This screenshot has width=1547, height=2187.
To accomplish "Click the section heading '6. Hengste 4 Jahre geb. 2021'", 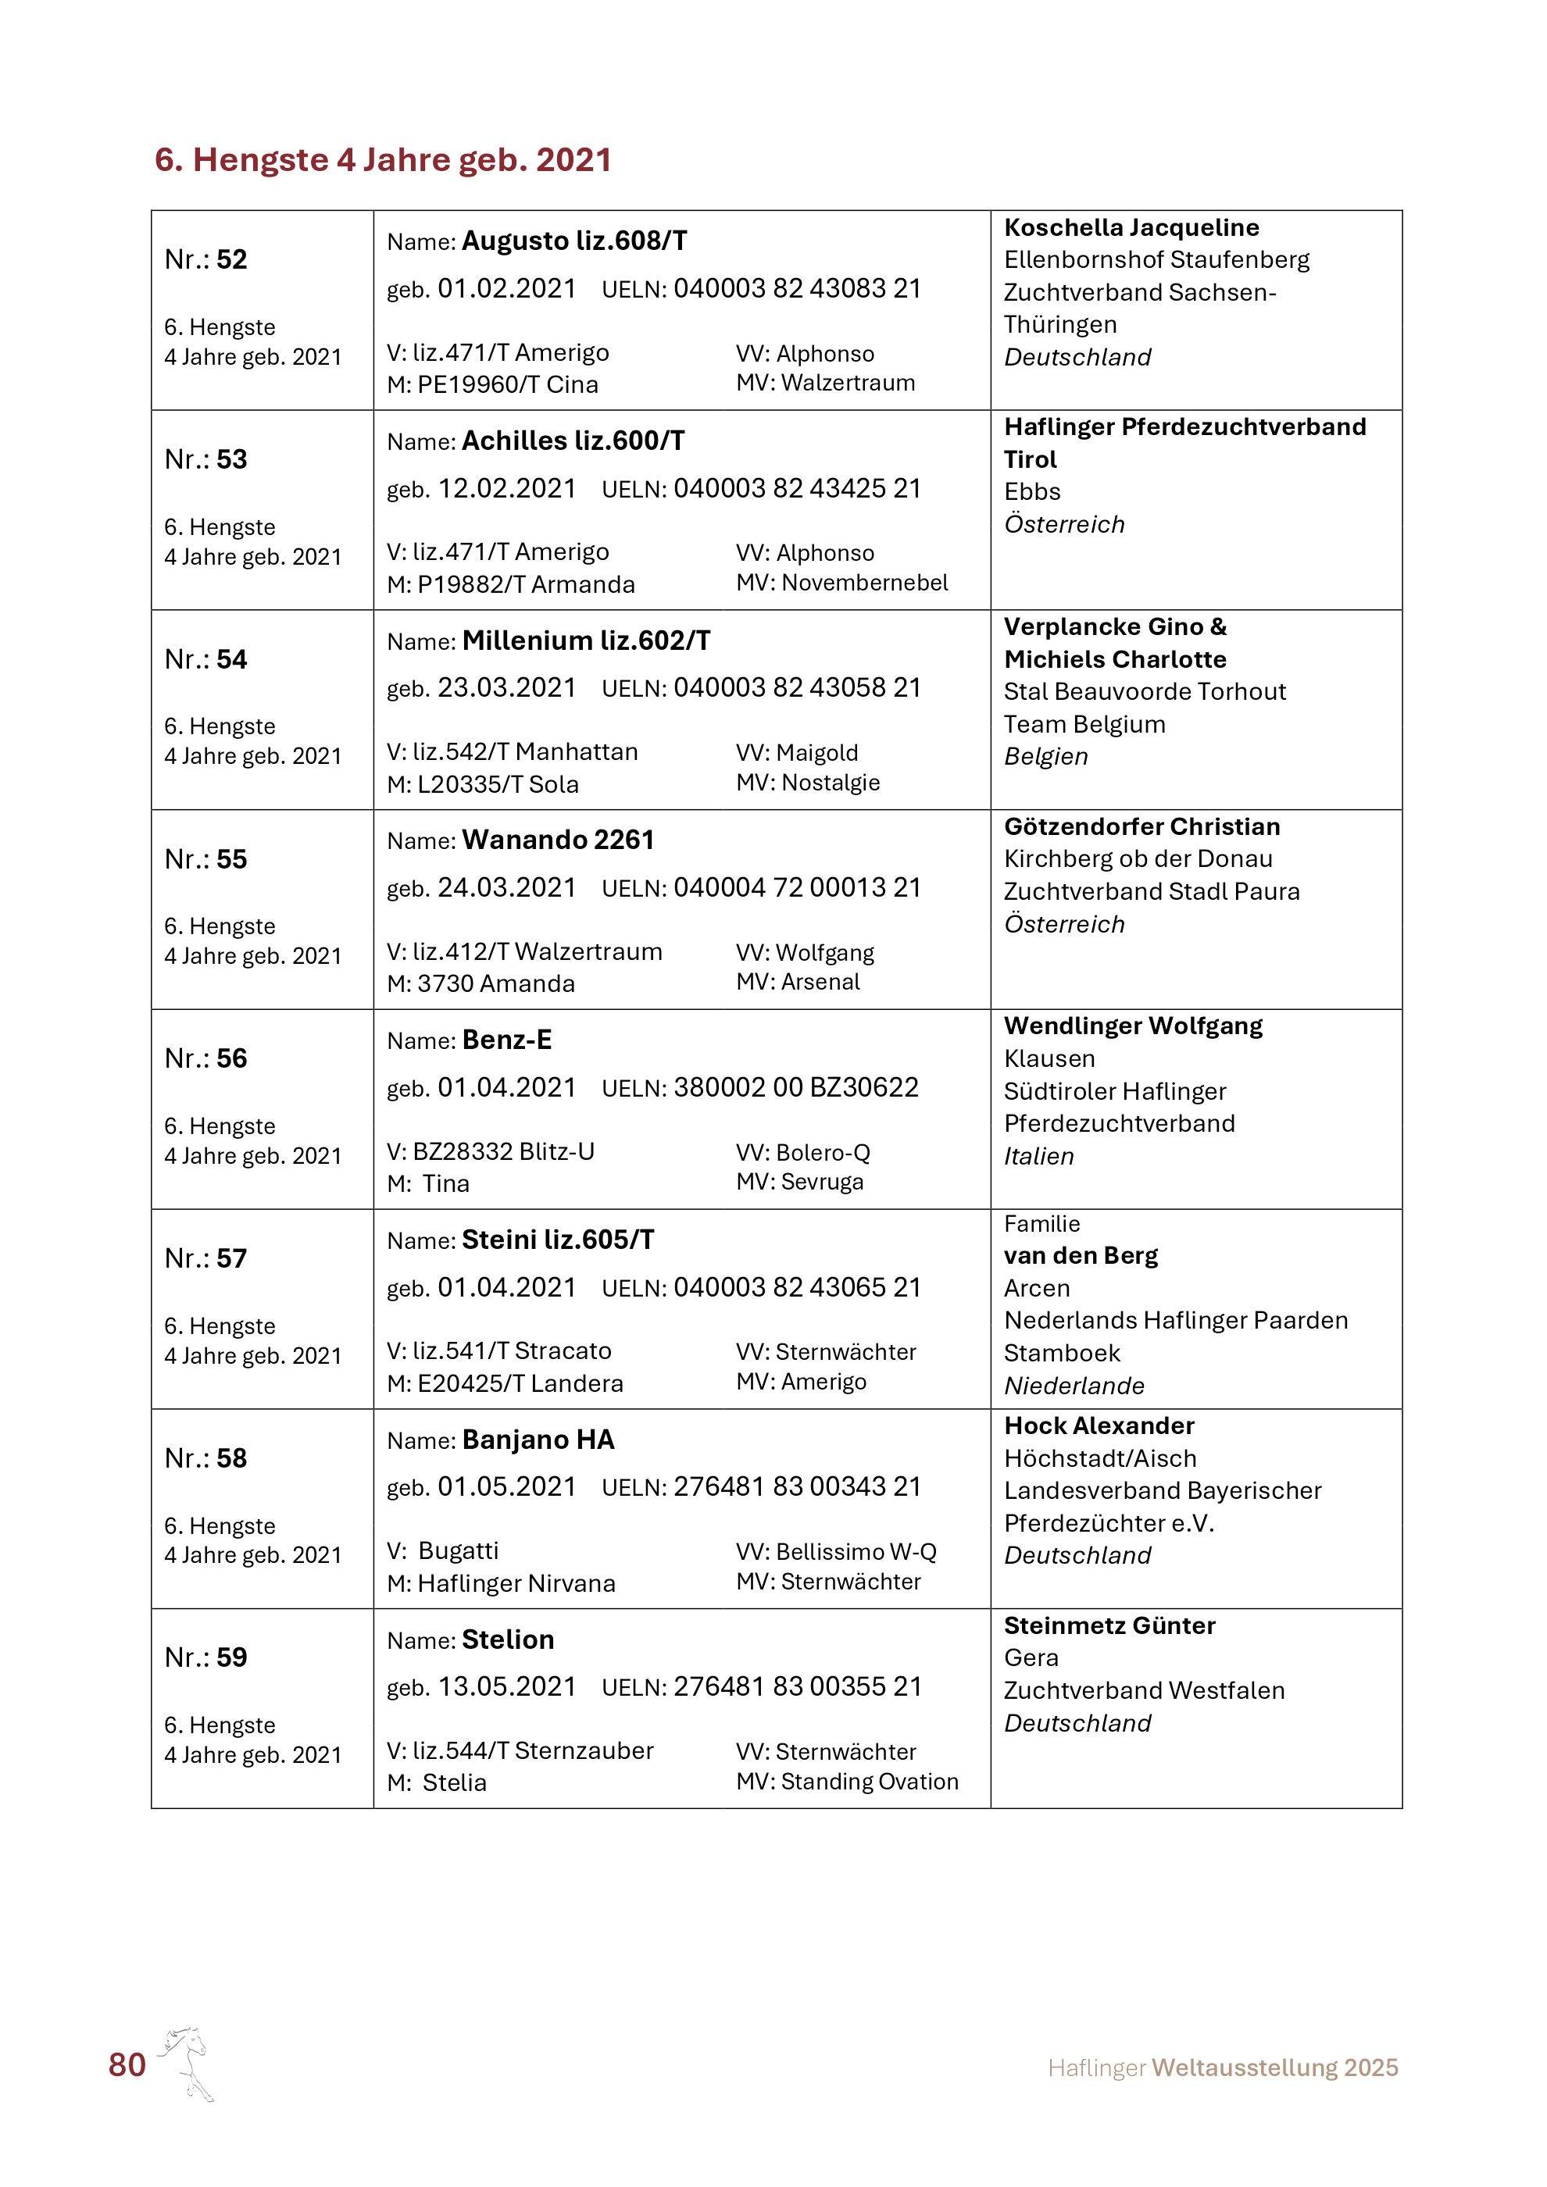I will (x=383, y=160).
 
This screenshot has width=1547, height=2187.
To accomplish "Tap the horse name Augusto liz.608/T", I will (x=573, y=241).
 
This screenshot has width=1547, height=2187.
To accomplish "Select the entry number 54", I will (x=230, y=659).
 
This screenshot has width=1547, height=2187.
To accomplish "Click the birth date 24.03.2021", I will (x=507, y=888).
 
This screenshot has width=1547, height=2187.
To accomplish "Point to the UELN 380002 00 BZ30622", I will (x=795, y=1088).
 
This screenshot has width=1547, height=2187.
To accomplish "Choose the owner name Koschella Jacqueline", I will (x=1131, y=227).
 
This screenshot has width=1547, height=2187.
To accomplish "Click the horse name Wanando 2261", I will (x=557, y=840).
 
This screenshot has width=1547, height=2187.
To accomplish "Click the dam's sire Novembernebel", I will (x=864, y=583).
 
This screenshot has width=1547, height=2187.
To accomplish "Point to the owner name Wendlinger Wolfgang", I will (x=1133, y=1026).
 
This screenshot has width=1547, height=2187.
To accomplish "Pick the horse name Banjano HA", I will (x=538, y=1440).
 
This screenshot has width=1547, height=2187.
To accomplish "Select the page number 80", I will (x=127, y=2065).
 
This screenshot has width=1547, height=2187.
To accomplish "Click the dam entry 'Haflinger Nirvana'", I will (x=516, y=1583).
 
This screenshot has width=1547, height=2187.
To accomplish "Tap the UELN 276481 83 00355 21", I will (x=797, y=1687).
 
